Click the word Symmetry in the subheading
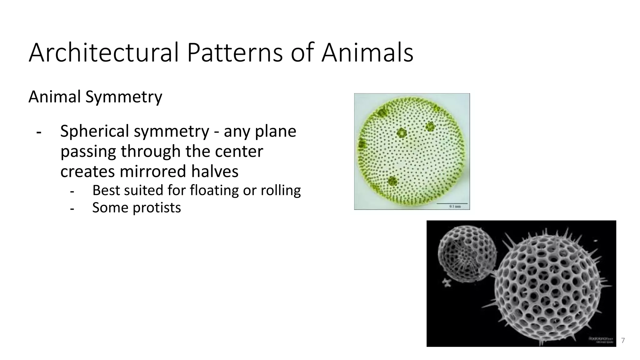pyautogui.click(x=124, y=97)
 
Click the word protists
pyautogui.click(x=157, y=208)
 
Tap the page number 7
pyautogui.click(x=623, y=341)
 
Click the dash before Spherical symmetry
pyautogui.click(x=39, y=132)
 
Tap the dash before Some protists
pyautogui.click(x=72, y=208)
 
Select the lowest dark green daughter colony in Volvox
pyautogui.click(x=392, y=181)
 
